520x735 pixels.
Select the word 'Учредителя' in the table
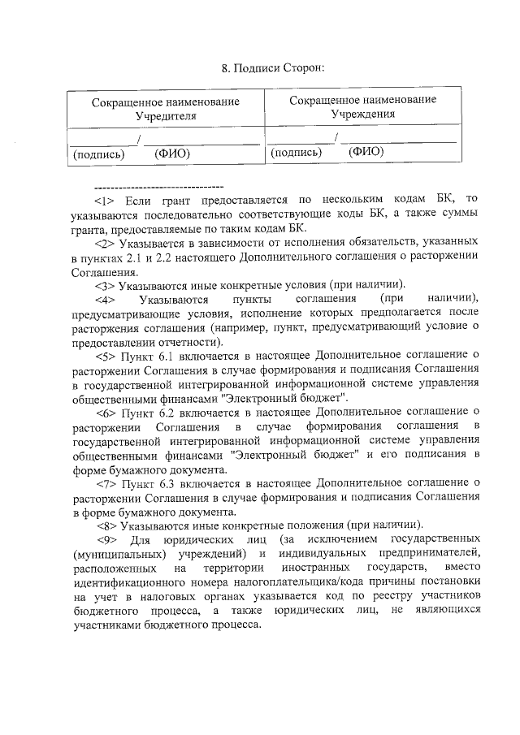166,116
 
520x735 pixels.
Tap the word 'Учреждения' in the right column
362,114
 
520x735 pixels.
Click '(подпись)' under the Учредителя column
98,153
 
